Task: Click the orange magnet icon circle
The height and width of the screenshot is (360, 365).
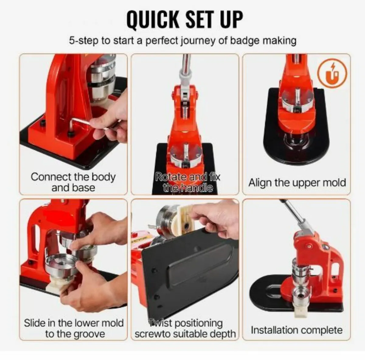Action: pos(332,75)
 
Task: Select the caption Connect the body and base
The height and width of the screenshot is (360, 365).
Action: pos(73,182)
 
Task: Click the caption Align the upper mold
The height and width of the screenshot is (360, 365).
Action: pos(297,183)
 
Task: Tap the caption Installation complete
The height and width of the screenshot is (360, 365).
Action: pos(296,330)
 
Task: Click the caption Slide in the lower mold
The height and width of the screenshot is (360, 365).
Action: pos(74,328)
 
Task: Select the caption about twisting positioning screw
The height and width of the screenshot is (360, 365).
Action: pos(185,328)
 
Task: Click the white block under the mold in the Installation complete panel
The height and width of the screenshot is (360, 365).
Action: pos(300,310)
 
